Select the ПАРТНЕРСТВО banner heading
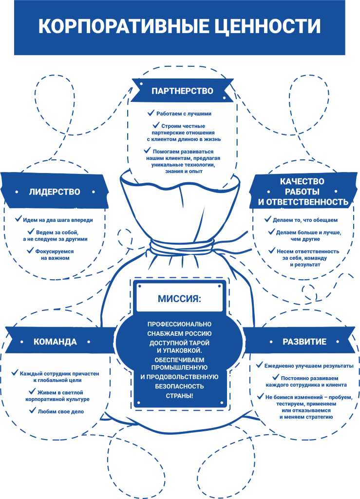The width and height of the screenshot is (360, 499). (x=182, y=91)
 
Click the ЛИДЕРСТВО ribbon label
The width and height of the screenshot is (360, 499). (x=54, y=192)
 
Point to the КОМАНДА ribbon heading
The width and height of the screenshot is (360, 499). (x=55, y=342)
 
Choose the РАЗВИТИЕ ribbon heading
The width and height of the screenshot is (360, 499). (x=304, y=342)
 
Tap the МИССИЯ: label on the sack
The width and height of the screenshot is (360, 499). (x=180, y=298)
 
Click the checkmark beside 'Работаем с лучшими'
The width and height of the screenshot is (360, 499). (x=151, y=113)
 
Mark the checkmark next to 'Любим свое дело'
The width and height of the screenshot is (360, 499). (x=33, y=411)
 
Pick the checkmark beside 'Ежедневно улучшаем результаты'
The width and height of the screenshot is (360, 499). (x=260, y=365)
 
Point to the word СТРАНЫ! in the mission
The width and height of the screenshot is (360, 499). (x=180, y=396)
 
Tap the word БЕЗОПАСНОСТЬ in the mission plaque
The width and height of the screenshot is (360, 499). (x=180, y=386)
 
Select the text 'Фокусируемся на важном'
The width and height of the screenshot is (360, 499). (x=55, y=254)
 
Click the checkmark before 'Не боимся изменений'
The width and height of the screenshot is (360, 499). (x=261, y=397)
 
